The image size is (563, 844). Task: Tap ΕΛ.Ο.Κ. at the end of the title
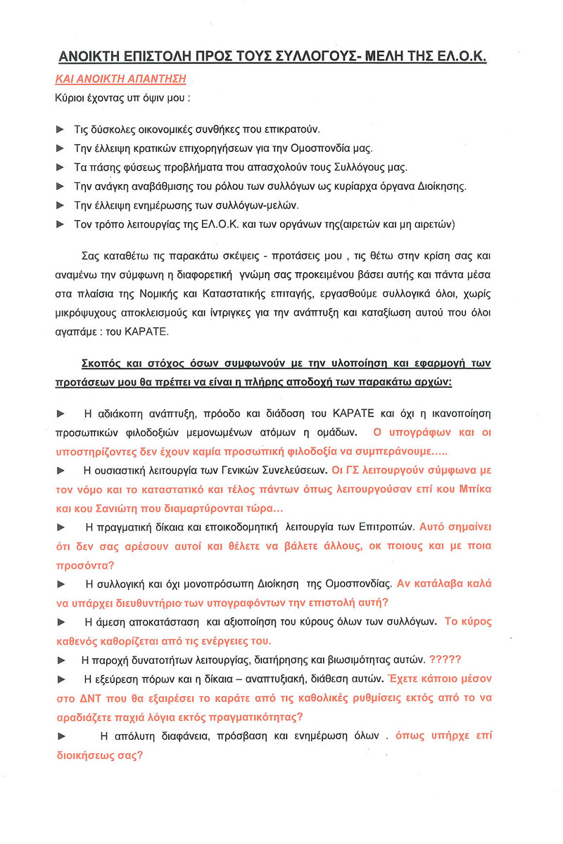coord(457,57)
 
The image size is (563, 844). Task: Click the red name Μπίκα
coord(476,487)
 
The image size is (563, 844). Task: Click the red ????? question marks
coord(444,660)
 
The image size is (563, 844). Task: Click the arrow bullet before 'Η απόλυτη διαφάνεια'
coord(61,736)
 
